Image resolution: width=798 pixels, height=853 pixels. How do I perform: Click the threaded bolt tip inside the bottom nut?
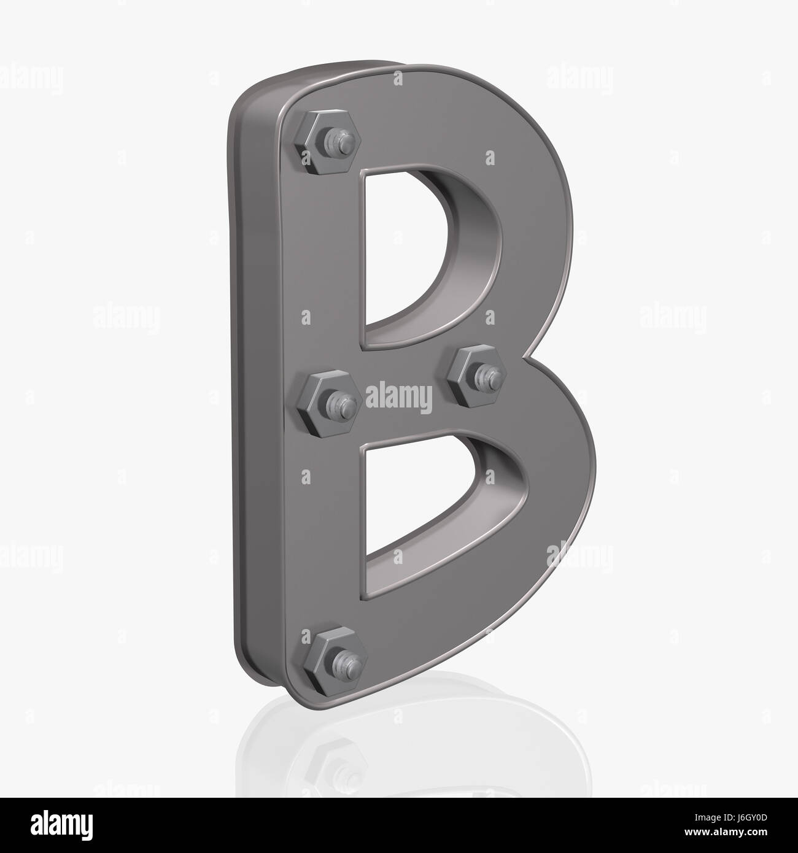point(344,660)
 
